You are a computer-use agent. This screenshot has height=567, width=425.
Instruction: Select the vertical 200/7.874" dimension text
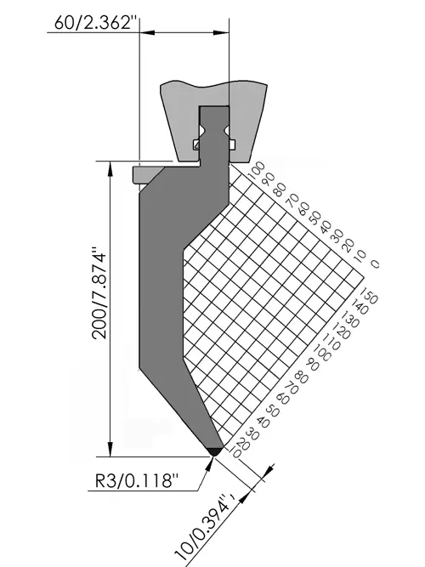(99, 293)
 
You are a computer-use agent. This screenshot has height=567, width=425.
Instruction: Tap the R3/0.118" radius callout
(137, 481)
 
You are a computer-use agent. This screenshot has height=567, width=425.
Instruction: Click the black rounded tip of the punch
(214, 451)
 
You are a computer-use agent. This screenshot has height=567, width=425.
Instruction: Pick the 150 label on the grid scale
(369, 296)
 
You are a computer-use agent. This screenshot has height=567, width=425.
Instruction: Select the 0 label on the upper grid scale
(376, 264)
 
